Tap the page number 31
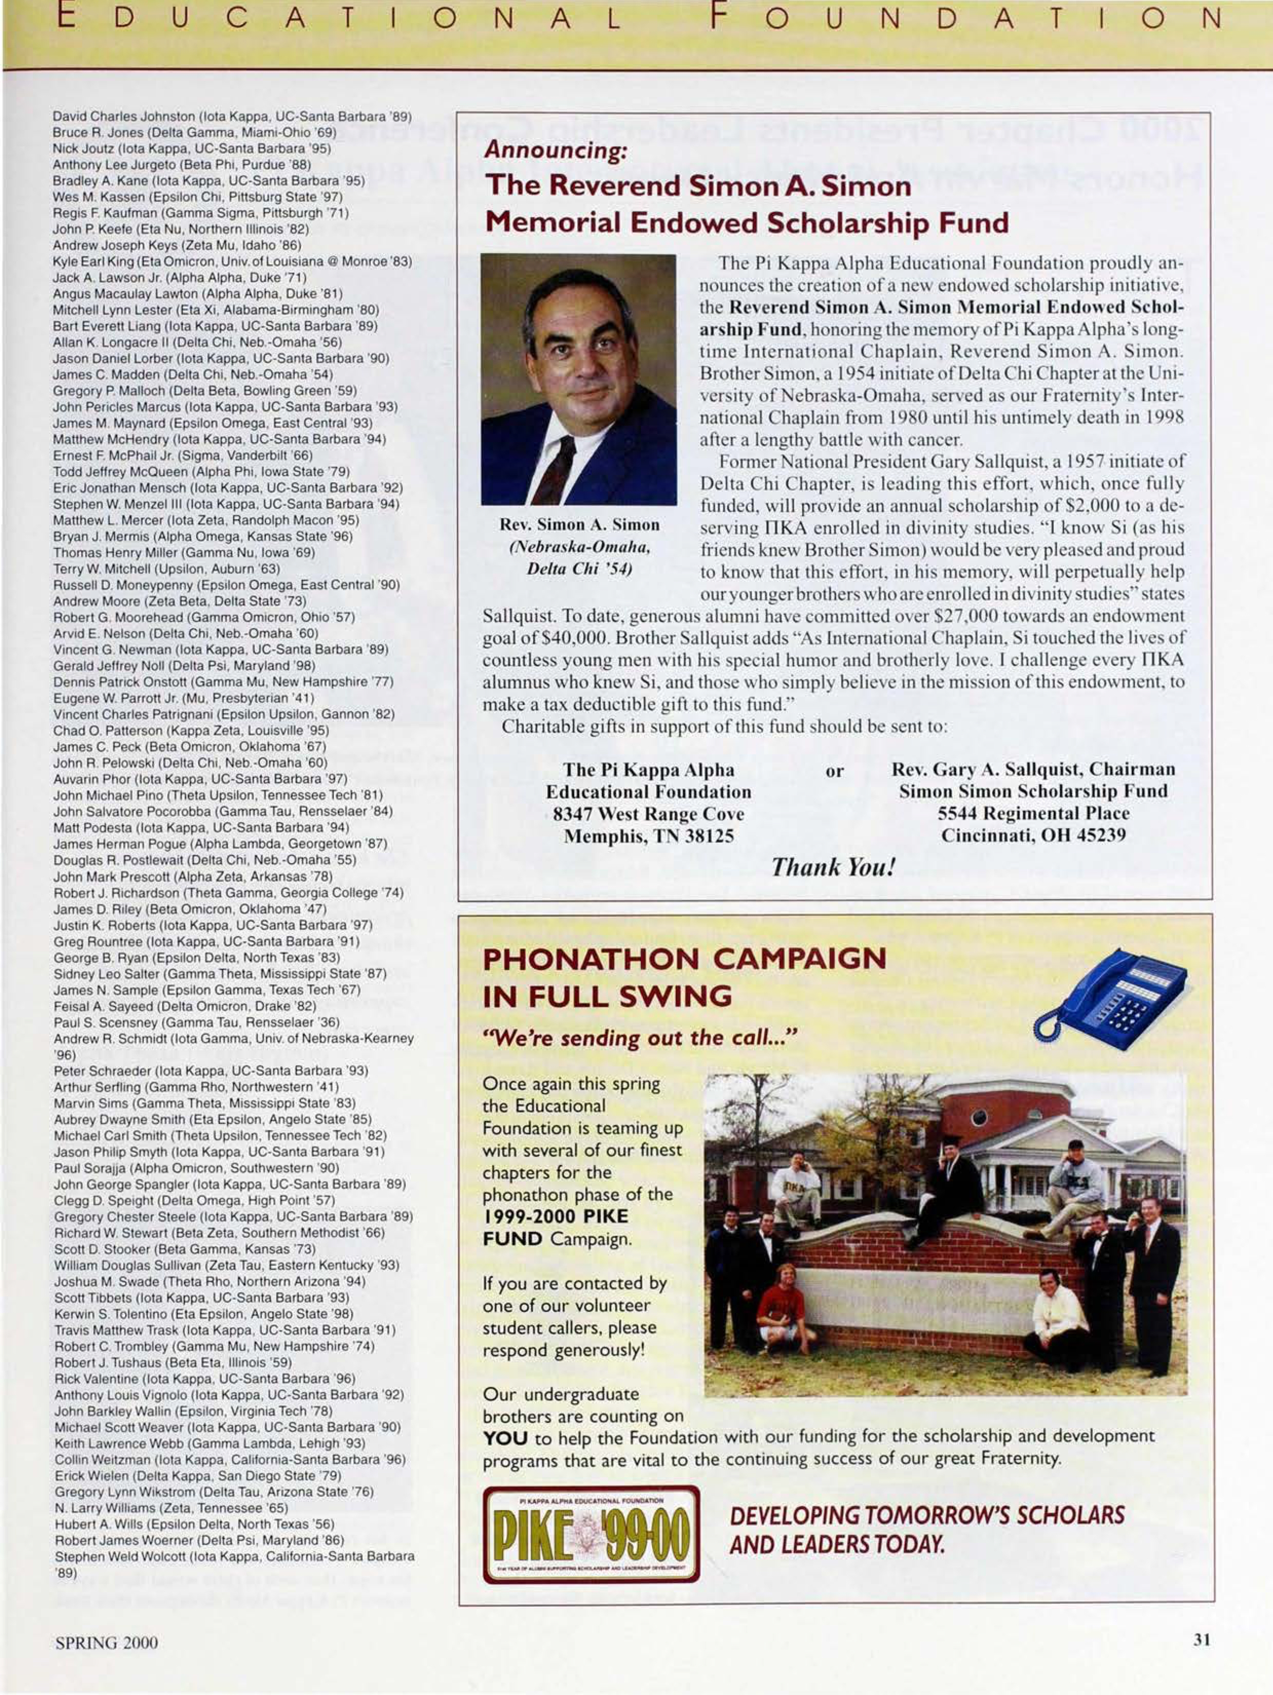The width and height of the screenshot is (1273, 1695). click(1202, 1642)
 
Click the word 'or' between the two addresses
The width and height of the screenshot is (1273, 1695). click(834, 771)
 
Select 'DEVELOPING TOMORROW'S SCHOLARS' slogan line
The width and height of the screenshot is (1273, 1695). click(927, 1515)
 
